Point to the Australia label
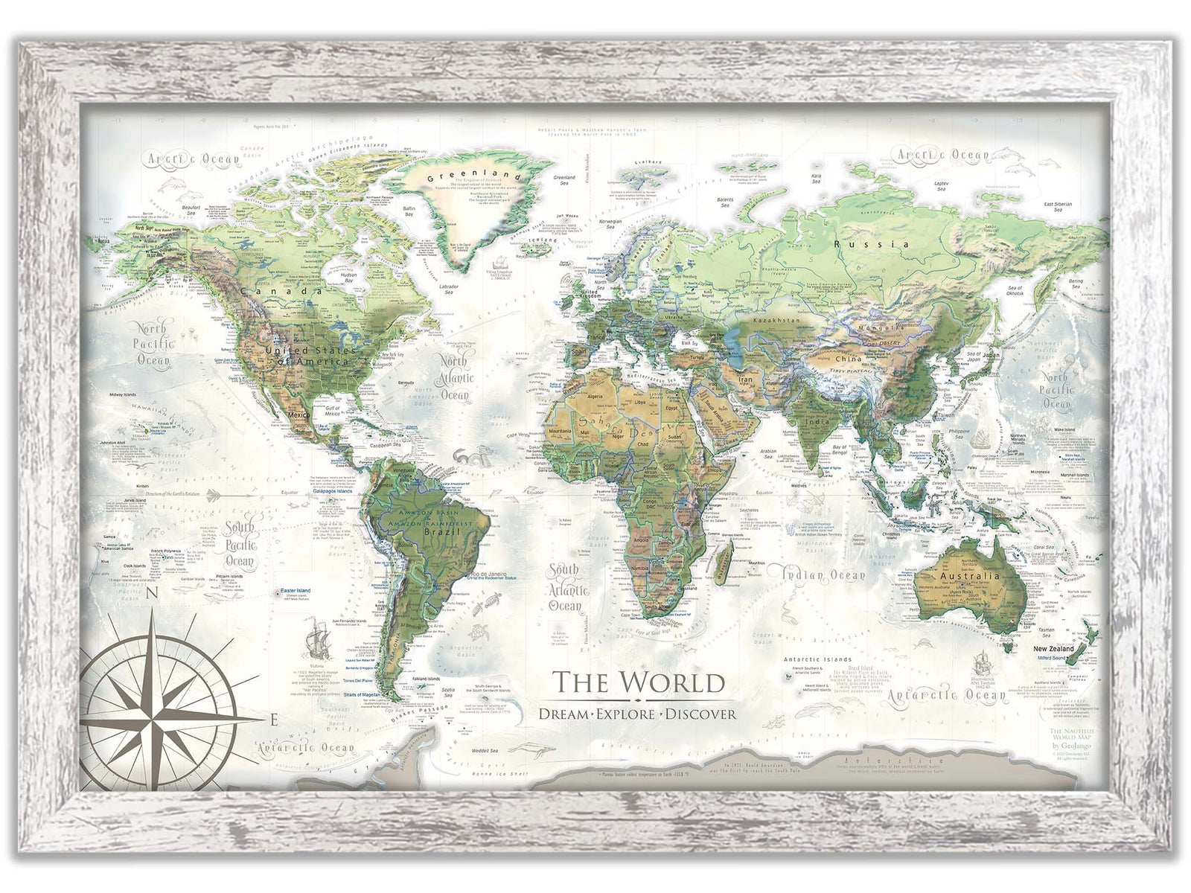[x=970, y=576]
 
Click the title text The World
[x=638, y=682]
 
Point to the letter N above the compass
[x=152, y=593]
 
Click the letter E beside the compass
[x=273, y=720]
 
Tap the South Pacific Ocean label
[x=240, y=545]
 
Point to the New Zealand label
[x=1053, y=648]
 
